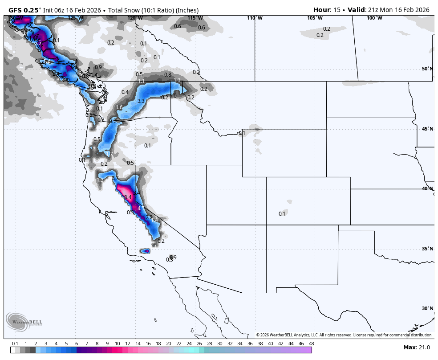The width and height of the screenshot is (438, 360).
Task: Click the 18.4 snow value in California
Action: tap(127, 197)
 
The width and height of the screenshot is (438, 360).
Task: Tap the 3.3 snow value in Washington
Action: tap(141, 101)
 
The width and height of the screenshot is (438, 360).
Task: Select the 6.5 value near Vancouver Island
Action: tap(38, 43)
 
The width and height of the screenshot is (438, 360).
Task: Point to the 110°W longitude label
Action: tap(255, 18)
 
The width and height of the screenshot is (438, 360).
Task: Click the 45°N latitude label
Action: tap(427, 129)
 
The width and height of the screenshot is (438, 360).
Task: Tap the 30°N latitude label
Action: tap(427, 308)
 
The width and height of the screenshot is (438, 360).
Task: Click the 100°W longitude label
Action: tap(374, 18)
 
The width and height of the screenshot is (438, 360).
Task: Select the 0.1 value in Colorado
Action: tap(282, 214)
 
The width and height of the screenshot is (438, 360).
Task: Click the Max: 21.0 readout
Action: tap(416, 347)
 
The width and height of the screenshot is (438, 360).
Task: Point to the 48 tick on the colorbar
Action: tap(311, 344)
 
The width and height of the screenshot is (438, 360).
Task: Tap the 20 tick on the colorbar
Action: tap(169, 344)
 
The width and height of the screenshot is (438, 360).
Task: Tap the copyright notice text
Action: tap(344, 335)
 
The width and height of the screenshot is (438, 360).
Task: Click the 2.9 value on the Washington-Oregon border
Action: tap(113, 120)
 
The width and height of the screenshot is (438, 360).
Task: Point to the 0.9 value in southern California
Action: tap(173, 257)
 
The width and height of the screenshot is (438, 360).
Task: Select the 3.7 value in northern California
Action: tap(115, 178)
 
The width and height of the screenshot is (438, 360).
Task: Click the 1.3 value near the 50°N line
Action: tap(177, 80)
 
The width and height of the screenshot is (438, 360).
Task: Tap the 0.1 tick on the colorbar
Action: tap(15, 344)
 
